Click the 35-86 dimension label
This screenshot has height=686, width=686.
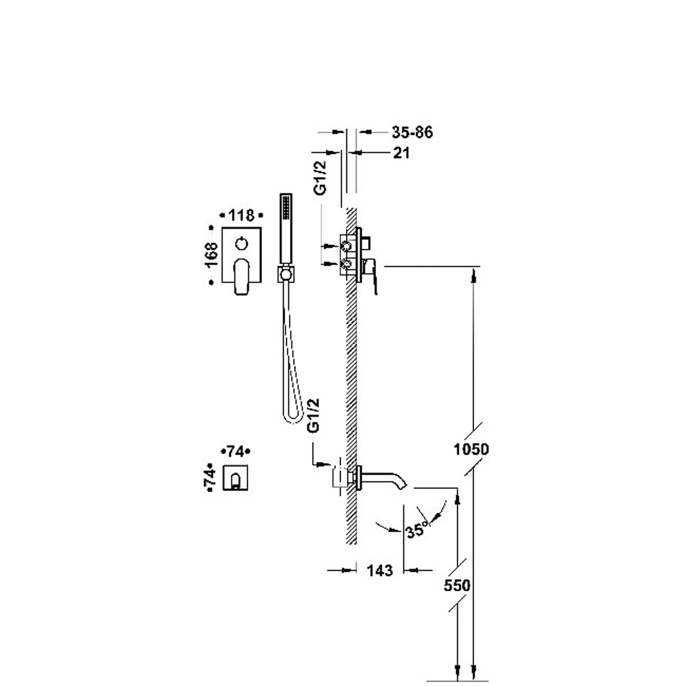pyautogui.click(x=412, y=132)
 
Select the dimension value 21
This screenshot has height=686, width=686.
pyautogui.click(x=402, y=153)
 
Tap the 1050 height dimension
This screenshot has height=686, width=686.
pyautogui.click(x=471, y=449)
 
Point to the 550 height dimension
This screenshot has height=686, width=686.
pyautogui.click(x=457, y=585)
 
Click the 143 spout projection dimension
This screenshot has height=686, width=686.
pyautogui.click(x=380, y=570)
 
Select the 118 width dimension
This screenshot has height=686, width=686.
pyautogui.click(x=241, y=215)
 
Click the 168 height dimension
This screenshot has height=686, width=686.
pyautogui.click(x=212, y=255)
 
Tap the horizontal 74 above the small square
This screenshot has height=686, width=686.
pyautogui.click(x=236, y=452)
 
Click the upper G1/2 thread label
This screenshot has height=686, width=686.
pyautogui.click(x=321, y=177)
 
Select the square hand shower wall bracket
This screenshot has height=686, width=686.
pyautogui.click(x=286, y=274)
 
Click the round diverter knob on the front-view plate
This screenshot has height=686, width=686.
pyautogui.click(x=242, y=243)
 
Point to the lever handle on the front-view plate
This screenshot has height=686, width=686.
pyautogui.click(x=241, y=277)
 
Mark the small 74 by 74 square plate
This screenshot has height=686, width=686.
pyautogui.click(x=236, y=477)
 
